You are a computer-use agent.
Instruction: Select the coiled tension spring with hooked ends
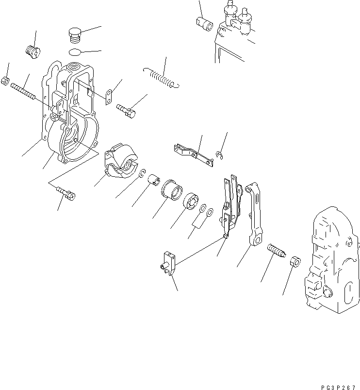[162, 78]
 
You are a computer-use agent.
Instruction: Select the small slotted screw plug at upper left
[32, 50]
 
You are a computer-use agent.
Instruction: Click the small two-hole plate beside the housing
[110, 96]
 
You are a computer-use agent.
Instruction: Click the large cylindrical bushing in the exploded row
[171, 189]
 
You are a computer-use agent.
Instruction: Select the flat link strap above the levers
[194, 154]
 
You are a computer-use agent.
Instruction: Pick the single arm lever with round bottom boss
[254, 214]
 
